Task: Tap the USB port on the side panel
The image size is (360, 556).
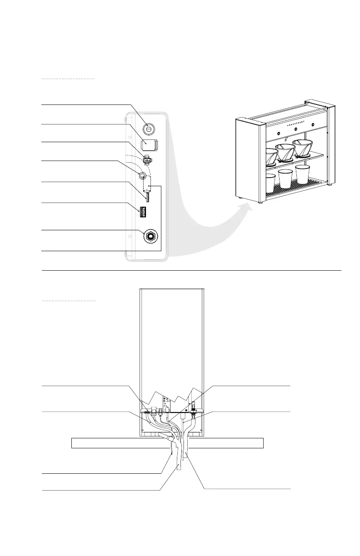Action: (x=143, y=211)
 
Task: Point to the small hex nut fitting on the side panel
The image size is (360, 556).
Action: (x=147, y=160)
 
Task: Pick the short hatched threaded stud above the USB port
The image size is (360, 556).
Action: (x=147, y=196)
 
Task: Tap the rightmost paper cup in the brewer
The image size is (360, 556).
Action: (x=302, y=174)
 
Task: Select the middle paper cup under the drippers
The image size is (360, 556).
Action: (x=285, y=179)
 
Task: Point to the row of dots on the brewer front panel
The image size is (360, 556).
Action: (x=295, y=121)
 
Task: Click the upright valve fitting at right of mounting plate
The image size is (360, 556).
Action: (x=193, y=406)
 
